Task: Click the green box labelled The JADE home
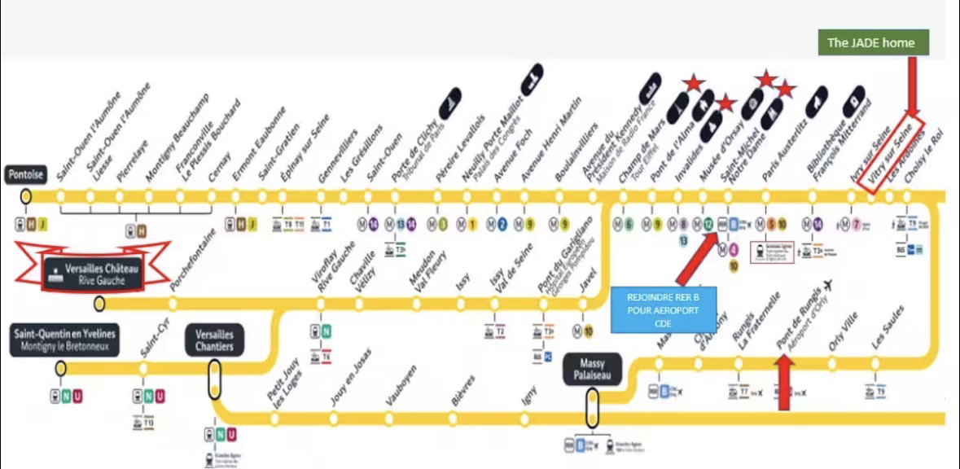(873, 43)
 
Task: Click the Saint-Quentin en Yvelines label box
(64, 340)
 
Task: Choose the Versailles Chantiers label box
(215, 340)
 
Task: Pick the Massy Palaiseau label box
(592, 370)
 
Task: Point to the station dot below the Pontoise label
(26, 196)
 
